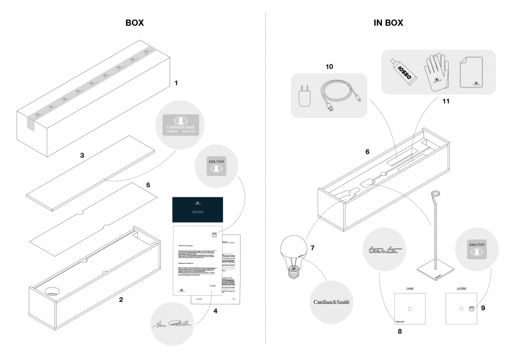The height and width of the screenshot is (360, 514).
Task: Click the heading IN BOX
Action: click(388, 23)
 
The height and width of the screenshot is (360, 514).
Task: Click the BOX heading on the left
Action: click(135, 23)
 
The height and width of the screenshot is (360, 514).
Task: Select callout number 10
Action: click(329, 67)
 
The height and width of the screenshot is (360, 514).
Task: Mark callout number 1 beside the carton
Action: click(176, 82)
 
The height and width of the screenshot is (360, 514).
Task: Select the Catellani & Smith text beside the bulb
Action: click(333, 302)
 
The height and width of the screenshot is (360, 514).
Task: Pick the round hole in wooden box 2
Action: click(52, 292)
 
